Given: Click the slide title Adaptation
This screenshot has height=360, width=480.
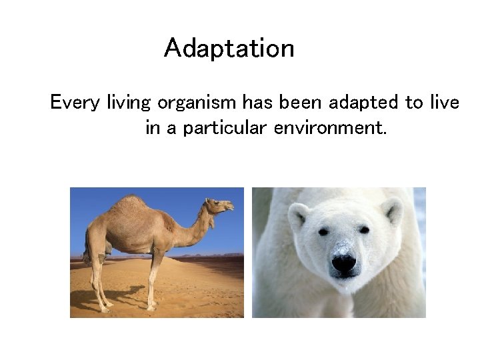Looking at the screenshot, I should [x=229, y=49].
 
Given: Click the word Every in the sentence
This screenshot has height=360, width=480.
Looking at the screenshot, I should [x=75, y=103].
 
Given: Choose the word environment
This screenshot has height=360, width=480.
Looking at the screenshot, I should [x=329, y=127].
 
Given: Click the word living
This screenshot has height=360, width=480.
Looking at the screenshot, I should [x=130, y=103].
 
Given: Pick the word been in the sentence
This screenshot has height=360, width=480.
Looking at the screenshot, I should [x=300, y=103].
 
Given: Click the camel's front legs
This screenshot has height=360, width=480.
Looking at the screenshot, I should [x=154, y=280].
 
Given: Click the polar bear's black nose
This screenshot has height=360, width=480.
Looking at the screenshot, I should [x=343, y=263].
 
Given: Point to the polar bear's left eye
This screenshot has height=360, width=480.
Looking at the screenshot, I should [x=323, y=231].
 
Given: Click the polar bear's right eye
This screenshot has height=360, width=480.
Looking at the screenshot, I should [x=364, y=229].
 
